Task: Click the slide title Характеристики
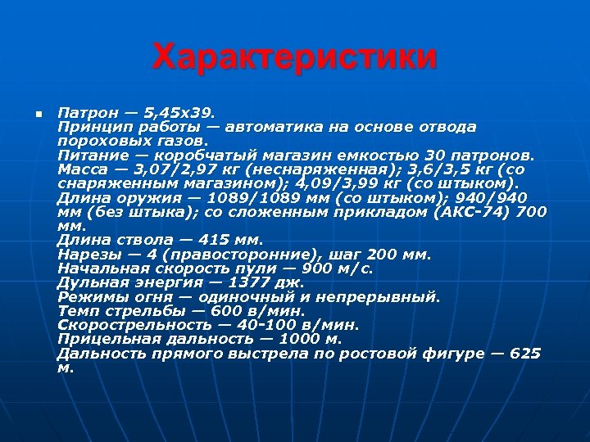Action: click(295, 58)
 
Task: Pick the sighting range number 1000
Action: click(300, 339)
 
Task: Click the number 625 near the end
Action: click(525, 354)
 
